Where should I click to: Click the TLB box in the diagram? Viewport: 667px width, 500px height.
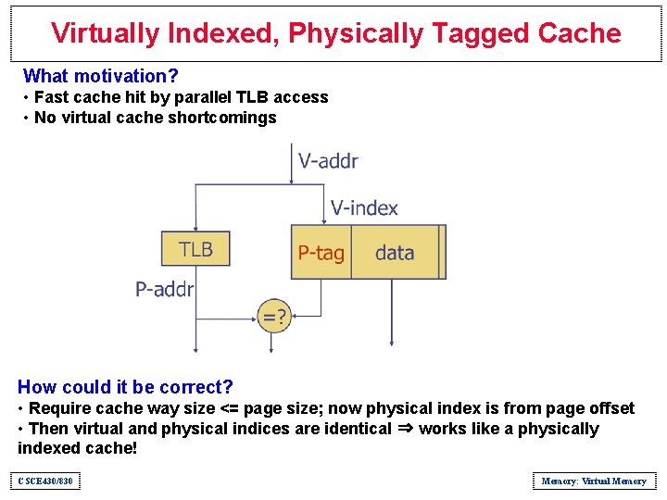point(195,249)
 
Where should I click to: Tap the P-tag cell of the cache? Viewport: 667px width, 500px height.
point(321,253)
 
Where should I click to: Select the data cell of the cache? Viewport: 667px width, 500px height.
point(395,253)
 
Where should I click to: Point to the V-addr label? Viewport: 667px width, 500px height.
point(328,161)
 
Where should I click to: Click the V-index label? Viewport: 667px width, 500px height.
point(364,207)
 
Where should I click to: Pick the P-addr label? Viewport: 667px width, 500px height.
point(165,290)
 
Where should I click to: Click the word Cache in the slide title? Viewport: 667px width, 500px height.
point(578,33)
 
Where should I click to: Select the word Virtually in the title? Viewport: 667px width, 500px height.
point(106,33)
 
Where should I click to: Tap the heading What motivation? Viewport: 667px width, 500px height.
point(101,76)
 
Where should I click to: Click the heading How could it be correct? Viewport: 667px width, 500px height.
point(125,387)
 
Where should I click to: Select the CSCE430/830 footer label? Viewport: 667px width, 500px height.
point(44,481)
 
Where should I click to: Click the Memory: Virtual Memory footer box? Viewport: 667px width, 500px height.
point(594,481)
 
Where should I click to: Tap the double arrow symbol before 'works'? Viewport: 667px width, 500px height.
point(405,429)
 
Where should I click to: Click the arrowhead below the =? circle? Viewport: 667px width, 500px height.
point(271,348)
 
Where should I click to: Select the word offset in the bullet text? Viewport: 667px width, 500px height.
point(610,408)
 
